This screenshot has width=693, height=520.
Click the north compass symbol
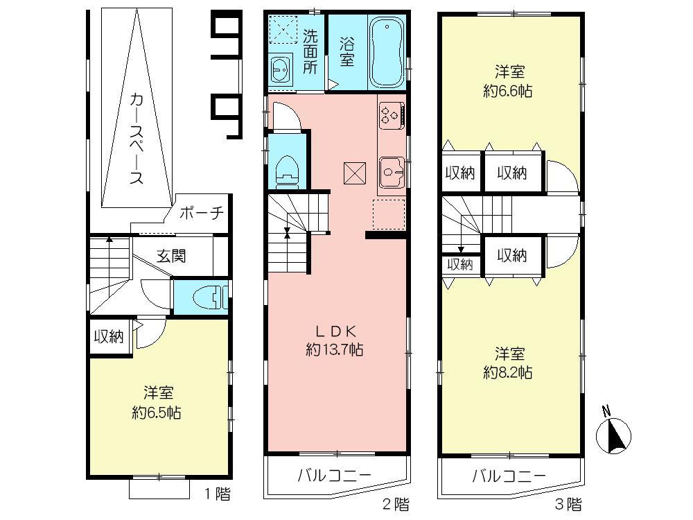pyautogui.click(x=614, y=434)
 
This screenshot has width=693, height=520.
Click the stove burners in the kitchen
pyautogui.click(x=390, y=115)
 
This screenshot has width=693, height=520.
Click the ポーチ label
pyautogui.click(x=201, y=214)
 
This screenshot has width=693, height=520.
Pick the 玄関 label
pyautogui.click(x=170, y=256)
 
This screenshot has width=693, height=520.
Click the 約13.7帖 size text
pyautogui.click(x=335, y=350)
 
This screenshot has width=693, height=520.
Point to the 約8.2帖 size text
pyautogui.click(x=508, y=372)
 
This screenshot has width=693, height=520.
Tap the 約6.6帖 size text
pyautogui.click(x=508, y=90)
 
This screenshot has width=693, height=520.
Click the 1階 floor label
pyautogui.click(x=217, y=494)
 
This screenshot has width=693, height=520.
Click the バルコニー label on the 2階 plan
pyautogui.click(x=335, y=476)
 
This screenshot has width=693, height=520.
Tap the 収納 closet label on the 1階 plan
pyautogui.click(x=109, y=337)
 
